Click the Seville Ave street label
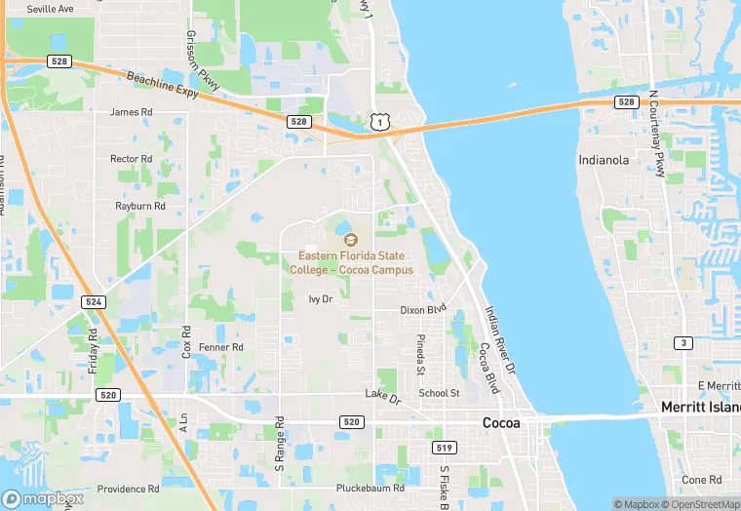[50, 9]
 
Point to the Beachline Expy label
[162, 85]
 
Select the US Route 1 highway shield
[379, 120]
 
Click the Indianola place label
[604, 160]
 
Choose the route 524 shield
[93, 302]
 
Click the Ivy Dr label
[321, 299]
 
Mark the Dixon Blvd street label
[423, 309]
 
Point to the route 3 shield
[683, 342]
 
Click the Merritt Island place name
[700, 407]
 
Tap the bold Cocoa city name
[501, 423]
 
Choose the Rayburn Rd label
[140, 206]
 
